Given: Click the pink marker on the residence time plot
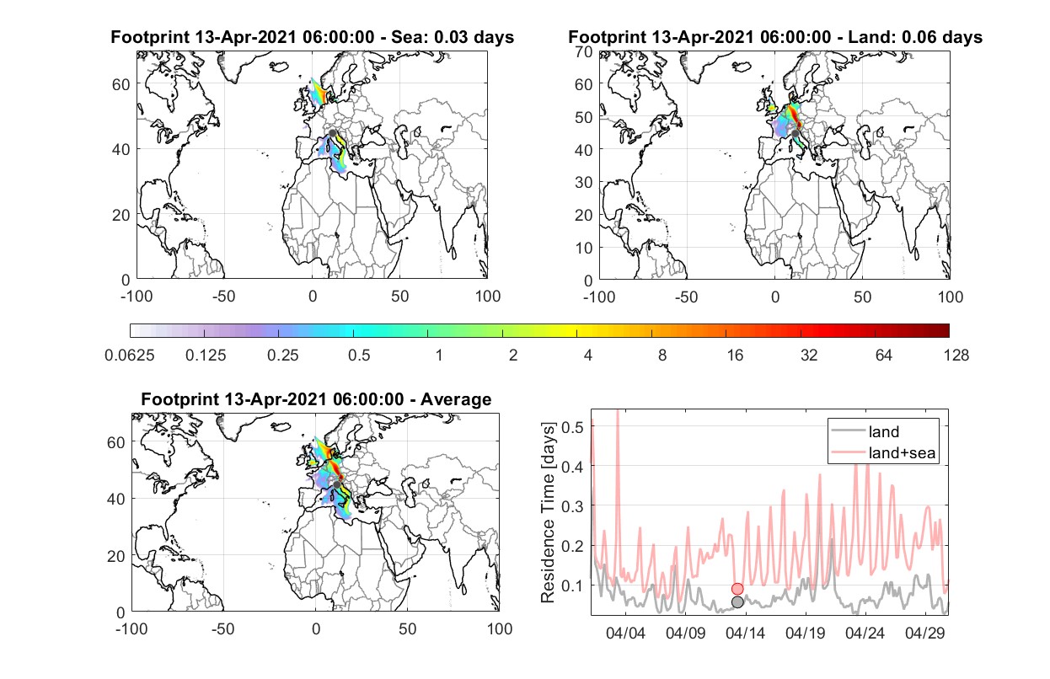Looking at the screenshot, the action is click(x=737, y=589).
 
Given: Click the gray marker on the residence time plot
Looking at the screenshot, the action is click(x=737, y=602).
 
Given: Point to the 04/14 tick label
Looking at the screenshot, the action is click(x=745, y=633).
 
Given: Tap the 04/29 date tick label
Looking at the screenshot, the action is click(x=924, y=633).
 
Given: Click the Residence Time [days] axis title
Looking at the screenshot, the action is click(x=548, y=513).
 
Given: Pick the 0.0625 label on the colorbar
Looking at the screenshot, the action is click(x=130, y=356).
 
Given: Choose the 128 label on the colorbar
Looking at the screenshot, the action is click(x=956, y=356).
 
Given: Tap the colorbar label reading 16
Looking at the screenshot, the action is click(x=735, y=356).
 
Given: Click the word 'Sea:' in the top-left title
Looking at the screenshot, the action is click(x=410, y=37).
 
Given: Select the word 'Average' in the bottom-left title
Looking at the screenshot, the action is click(x=456, y=399).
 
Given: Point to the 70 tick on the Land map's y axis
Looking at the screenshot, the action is click(x=584, y=51).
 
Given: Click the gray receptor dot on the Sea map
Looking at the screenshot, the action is click(x=332, y=133).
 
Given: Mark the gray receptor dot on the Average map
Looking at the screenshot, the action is click(x=337, y=484).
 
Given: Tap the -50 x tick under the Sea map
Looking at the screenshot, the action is click(x=223, y=297).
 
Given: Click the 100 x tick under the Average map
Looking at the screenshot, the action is click(x=500, y=628).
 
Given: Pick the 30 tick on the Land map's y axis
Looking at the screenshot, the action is click(x=584, y=182).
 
